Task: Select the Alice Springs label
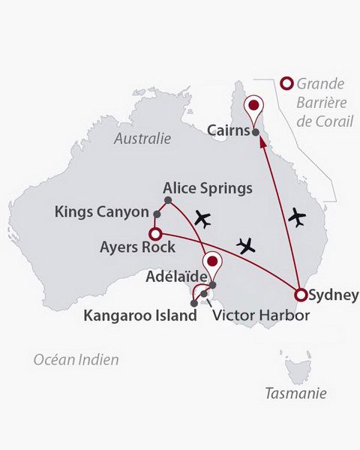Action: coord(208,187)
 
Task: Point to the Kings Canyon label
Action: coord(102,213)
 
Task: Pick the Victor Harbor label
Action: coord(260,316)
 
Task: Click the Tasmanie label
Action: coord(296,393)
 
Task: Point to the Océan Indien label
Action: coord(76,360)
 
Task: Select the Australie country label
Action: coord(143,139)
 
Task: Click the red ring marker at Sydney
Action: coord(301,295)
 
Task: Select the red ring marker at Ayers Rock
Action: coord(155,234)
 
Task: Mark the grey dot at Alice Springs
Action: coord(168,199)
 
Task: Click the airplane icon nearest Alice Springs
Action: coord(202,219)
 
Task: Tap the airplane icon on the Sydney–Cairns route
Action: coord(298,217)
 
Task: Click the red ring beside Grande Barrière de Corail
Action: coord(285,84)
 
